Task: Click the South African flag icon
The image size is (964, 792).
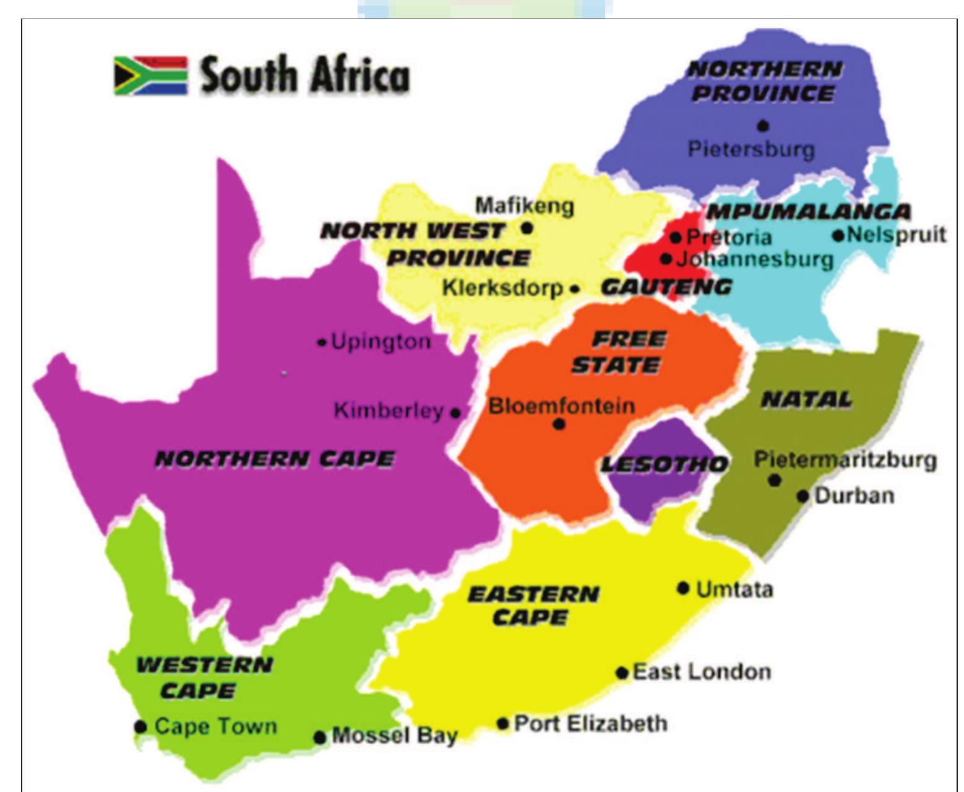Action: [150, 76]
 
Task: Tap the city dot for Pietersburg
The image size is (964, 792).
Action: [763, 126]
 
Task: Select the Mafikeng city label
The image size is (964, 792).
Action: [524, 206]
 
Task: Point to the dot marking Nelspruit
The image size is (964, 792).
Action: [838, 235]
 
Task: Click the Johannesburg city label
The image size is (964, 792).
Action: [755, 259]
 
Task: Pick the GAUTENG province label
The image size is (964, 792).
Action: [666, 287]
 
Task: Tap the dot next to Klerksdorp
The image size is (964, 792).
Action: [575, 289]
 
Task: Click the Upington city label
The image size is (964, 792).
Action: [381, 342]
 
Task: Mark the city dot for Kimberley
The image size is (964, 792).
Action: [455, 412]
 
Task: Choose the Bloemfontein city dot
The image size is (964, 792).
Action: [559, 424]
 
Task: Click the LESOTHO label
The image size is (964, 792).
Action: [664, 464]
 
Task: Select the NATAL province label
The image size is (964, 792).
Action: [806, 400]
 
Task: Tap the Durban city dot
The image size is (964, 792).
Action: [803, 496]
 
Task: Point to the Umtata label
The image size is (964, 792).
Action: [734, 589]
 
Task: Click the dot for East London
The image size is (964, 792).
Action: [622, 673]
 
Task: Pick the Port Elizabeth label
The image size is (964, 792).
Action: [591, 723]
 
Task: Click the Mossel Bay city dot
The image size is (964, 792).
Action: [319, 737]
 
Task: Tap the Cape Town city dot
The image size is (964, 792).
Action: [140, 726]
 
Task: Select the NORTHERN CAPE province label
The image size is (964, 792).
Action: [274, 459]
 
